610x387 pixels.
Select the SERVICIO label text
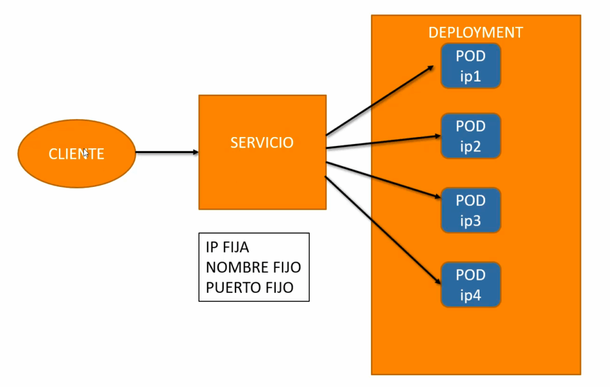pos(262,143)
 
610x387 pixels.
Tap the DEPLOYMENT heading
pos(475,32)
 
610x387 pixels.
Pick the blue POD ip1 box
pos(471,66)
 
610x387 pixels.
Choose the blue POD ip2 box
pos(471,136)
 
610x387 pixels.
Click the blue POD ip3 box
pos(471,210)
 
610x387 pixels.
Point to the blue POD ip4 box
pos(471,285)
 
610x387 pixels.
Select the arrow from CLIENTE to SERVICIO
pos(167,152)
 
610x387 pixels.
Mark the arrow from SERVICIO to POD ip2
pos(381,141)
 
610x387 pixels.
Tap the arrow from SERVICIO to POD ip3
pos(381,179)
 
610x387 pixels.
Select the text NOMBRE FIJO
pos(253,267)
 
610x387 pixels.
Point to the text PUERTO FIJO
pos(250,288)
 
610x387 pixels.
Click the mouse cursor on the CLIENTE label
pos(86,153)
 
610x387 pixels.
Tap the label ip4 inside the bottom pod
pos(471,295)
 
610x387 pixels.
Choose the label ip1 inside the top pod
pos(471,77)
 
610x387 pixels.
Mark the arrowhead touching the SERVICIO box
pos(195,152)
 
